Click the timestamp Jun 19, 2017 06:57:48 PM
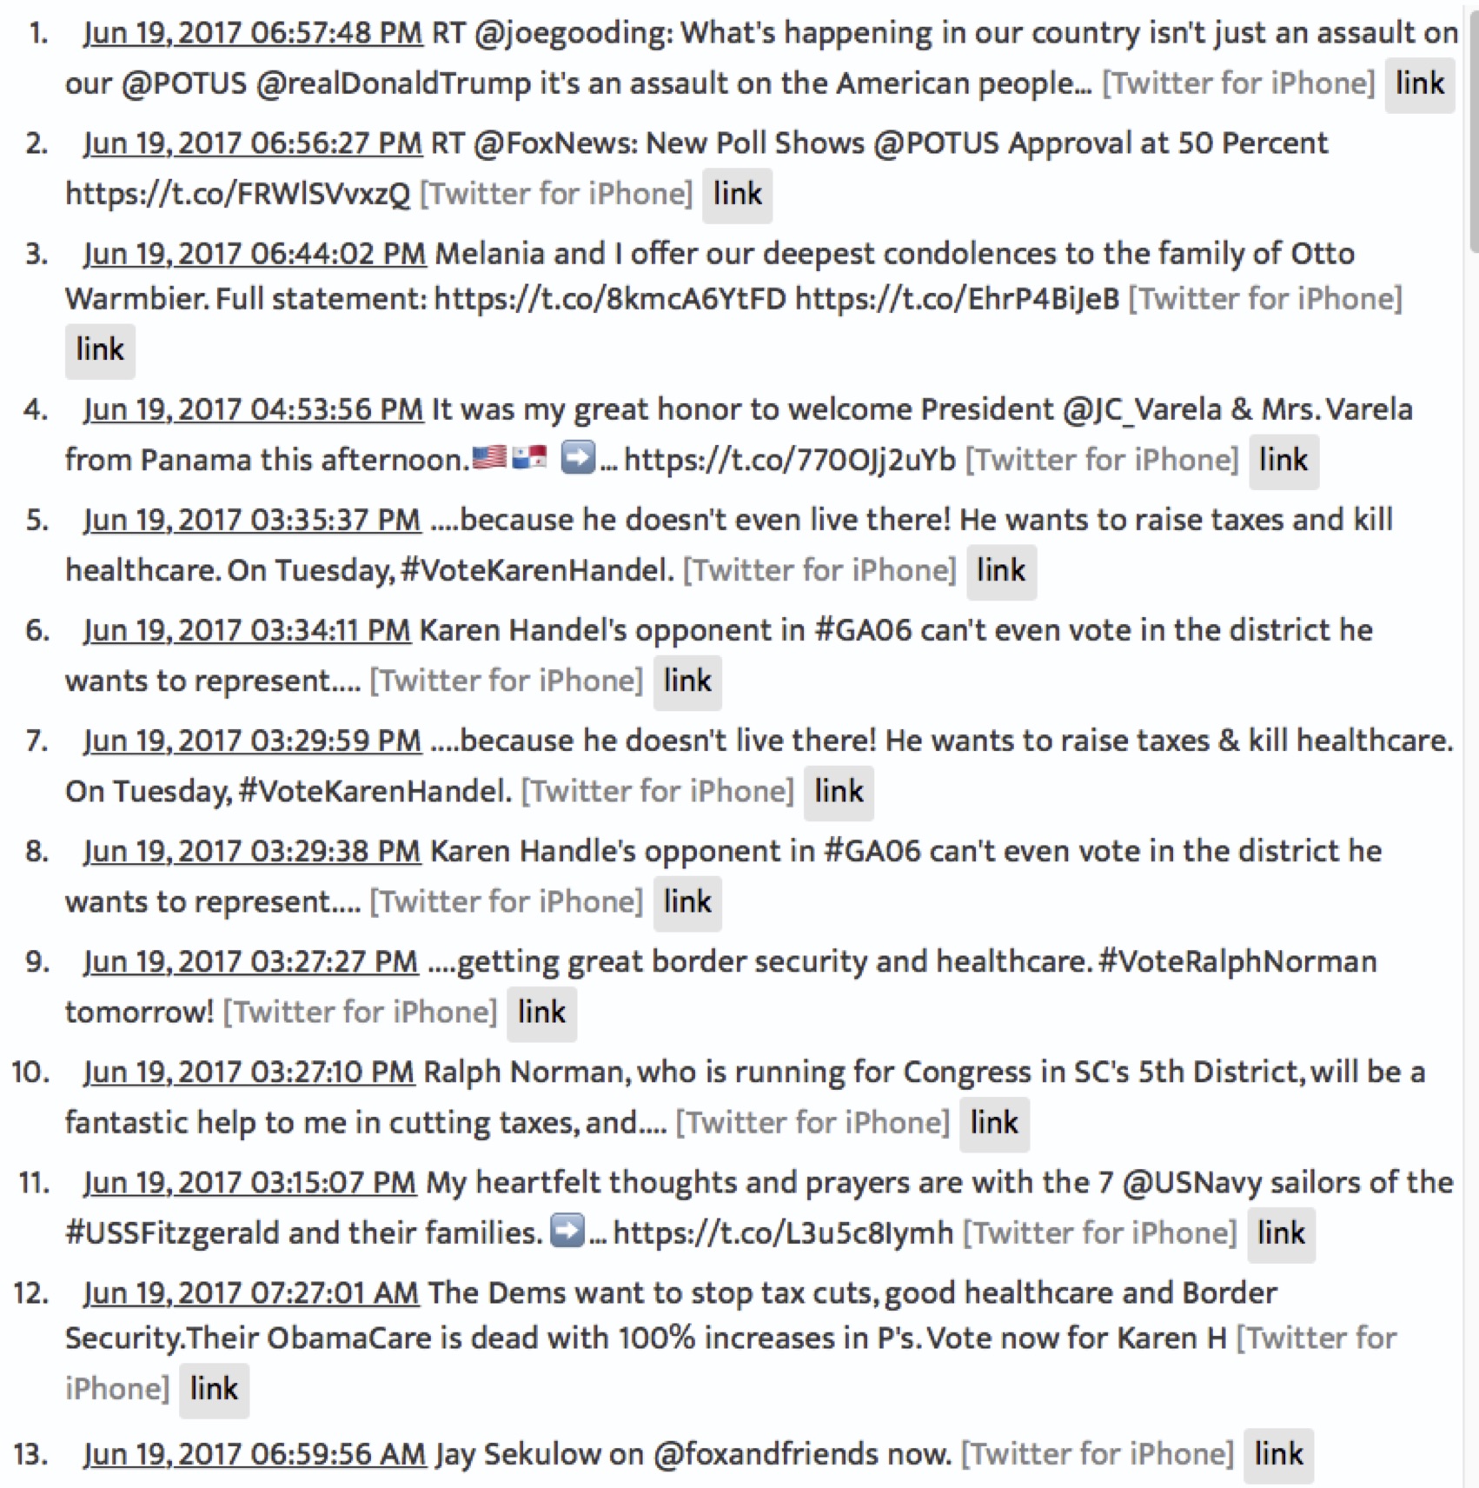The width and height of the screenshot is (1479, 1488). coord(252,33)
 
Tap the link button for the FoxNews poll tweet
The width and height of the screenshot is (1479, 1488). coord(737,195)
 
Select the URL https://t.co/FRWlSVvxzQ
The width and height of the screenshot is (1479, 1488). coord(237,194)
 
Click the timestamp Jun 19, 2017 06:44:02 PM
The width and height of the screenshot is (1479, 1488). coord(254,254)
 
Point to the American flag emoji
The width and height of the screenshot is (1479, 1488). coord(488,457)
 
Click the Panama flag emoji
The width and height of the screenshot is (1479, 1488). coord(529,457)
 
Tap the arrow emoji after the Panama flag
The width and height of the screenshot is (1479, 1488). coord(577,457)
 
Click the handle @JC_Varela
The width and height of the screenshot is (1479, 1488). coord(1142,409)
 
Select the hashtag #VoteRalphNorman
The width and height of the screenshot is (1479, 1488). coord(1237,961)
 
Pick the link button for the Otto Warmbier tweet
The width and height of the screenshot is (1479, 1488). coord(100,350)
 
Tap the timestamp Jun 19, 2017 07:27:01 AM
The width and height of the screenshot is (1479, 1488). coord(251,1293)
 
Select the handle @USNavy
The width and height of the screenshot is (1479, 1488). coord(1191,1183)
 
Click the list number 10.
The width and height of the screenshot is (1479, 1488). coord(30,1073)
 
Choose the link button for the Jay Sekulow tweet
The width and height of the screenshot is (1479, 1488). coord(1278,1455)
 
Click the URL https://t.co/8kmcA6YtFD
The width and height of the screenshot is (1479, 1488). coord(610,299)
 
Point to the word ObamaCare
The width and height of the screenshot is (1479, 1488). coord(348,1338)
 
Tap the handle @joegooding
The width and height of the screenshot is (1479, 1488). coord(573,33)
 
